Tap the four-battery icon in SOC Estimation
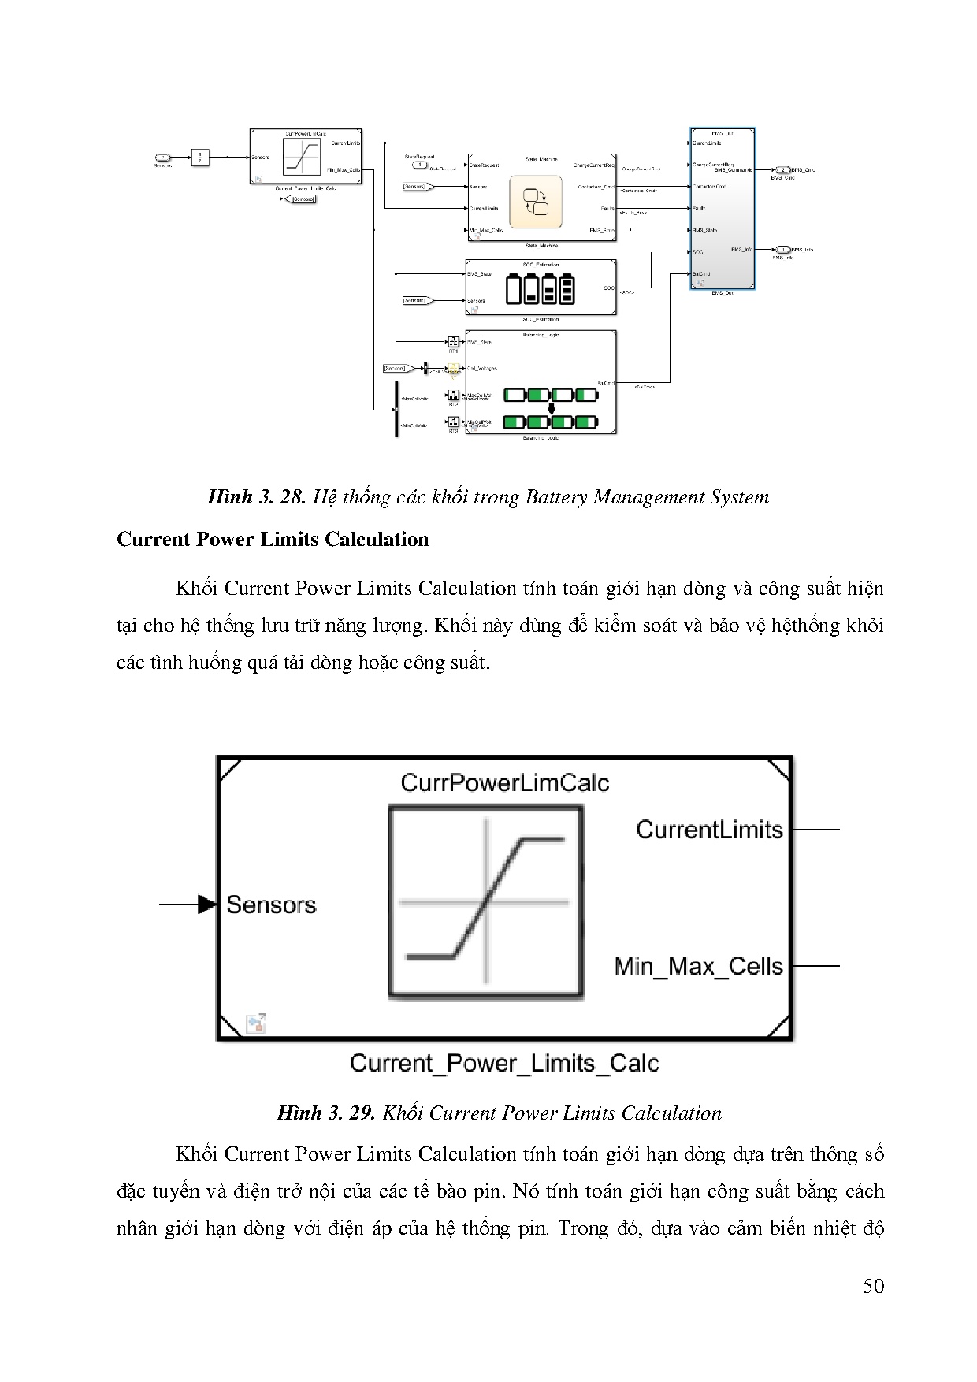point(541,288)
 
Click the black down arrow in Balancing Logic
point(552,408)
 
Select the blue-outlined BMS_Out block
point(723,209)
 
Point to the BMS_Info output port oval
point(783,250)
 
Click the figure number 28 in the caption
point(292,497)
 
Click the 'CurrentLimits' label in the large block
point(709,829)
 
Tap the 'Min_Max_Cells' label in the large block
point(698,966)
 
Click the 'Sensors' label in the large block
point(271,905)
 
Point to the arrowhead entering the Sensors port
point(207,905)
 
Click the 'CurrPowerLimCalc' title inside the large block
point(504,782)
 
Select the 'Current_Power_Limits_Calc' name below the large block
point(504,1063)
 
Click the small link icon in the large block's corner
point(256,1023)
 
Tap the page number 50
point(873,1286)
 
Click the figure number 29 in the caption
point(361,1113)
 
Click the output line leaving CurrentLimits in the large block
point(815,829)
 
